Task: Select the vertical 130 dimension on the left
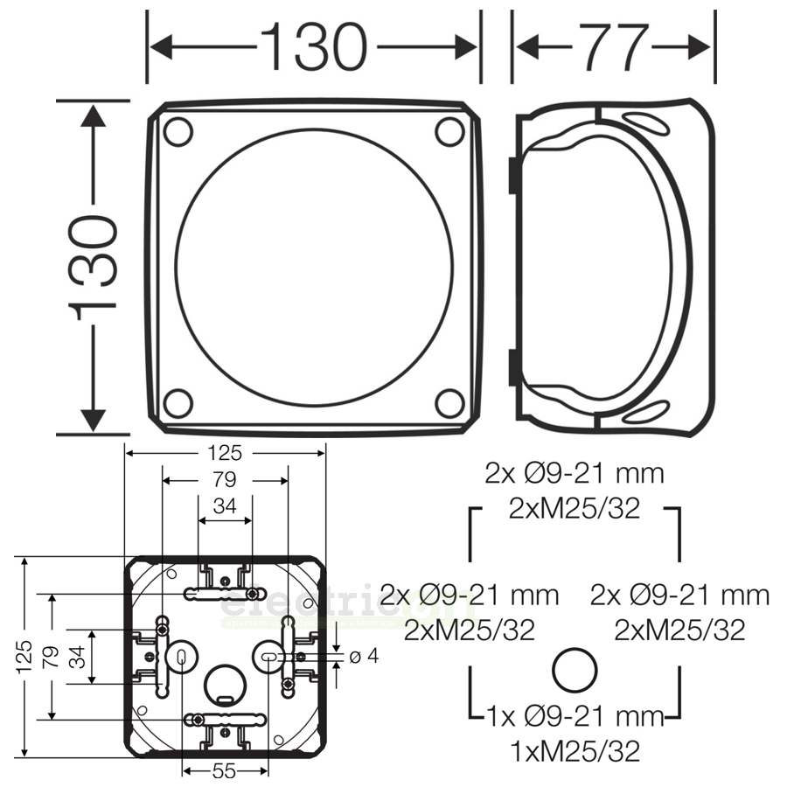(x=94, y=264)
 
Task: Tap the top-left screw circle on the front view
(x=178, y=132)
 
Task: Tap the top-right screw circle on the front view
(x=449, y=132)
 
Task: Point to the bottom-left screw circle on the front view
(x=178, y=403)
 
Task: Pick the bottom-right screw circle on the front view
(x=449, y=403)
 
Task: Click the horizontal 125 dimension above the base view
(x=224, y=453)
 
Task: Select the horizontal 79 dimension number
(x=225, y=479)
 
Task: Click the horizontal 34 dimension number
(x=224, y=507)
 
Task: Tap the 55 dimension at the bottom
(x=225, y=771)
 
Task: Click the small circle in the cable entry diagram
(x=575, y=672)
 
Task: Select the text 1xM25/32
(x=575, y=749)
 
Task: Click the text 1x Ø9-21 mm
(x=575, y=717)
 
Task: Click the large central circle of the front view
(x=315, y=268)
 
